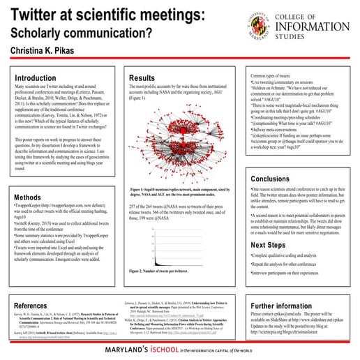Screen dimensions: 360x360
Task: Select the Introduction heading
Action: (x=36, y=78)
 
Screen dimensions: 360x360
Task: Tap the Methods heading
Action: (x=28, y=197)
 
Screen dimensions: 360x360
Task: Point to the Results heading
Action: (x=142, y=77)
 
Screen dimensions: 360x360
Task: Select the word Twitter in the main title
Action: (x=41, y=15)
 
